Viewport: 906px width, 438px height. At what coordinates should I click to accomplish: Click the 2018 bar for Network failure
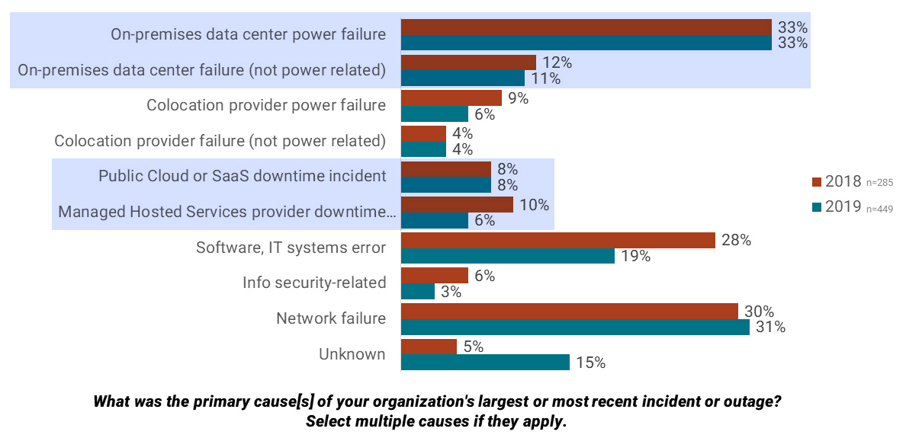(x=569, y=312)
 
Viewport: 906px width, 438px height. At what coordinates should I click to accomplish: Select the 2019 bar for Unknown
(x=485, y=362)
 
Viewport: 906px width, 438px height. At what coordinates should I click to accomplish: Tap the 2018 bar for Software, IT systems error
(x=557, y=241)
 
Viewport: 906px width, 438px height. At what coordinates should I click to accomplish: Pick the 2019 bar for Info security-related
(x=418, y=291)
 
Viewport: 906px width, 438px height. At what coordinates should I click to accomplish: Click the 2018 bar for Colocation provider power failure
(x=451, y=98)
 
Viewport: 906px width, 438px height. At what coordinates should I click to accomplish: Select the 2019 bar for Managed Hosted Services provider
(x=434, y=220)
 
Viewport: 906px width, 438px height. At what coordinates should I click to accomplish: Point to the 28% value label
(x=737, y=241)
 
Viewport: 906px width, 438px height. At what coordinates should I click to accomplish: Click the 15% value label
(x=590, y=363)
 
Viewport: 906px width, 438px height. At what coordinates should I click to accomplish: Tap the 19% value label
(x=635, y=257)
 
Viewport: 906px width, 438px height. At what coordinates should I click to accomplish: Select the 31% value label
(x=770, y=328)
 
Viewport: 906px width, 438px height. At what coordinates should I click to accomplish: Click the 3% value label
(x=451, y=292)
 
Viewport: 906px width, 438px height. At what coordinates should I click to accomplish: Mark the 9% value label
(x=518, y=98)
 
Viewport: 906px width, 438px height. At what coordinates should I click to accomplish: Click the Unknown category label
(x=352, y=354)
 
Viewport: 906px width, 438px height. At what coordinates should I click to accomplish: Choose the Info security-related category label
(x=314, y=283)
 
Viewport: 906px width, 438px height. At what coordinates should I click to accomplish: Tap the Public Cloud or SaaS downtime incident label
(x=242, y=176)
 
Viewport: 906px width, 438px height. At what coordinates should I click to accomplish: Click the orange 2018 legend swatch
(x=816, y=182)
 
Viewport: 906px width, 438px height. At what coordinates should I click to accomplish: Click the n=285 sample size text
(x=880, y=184)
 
